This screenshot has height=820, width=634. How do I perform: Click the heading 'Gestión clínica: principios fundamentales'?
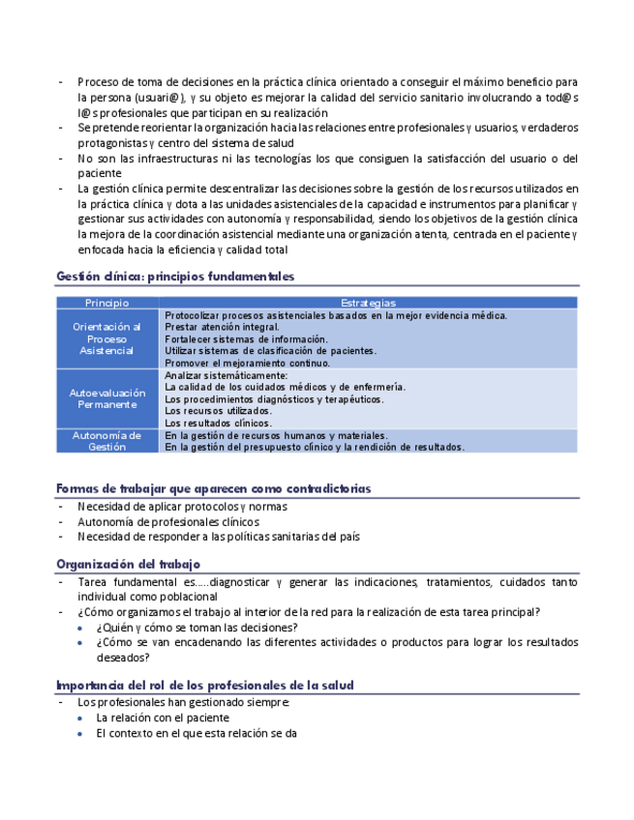(x=174, y=277)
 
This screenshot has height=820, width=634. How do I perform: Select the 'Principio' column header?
(x=106, y=303)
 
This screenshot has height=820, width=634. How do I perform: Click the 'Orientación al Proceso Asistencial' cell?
(x=106, y=338)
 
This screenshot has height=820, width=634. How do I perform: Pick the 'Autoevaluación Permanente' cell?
(x=106, y=398)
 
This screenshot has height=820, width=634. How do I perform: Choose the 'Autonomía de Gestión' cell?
(x=106, y=441)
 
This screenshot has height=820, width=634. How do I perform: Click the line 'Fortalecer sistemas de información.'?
(x=246, y=339)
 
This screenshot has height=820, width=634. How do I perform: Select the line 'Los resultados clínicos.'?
(x=219, y=423)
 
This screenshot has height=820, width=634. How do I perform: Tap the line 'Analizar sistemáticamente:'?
(x=226, y=375)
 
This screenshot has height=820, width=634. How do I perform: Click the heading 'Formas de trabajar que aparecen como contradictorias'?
(x=214, y=488)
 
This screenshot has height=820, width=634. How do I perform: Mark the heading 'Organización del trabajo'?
(x=128, y=564)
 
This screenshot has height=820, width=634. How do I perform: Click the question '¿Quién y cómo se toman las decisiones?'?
(x=196, y=628)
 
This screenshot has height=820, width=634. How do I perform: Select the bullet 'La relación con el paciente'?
(x=163, y=718)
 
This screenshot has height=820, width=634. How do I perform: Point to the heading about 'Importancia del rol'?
(x=204, y=685)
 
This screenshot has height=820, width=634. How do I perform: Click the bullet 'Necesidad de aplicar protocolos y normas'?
(x=182, y=507)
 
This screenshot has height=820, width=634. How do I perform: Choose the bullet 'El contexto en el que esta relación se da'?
(x=196, y=734)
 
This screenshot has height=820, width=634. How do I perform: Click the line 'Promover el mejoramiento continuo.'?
(x=247, y=363)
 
